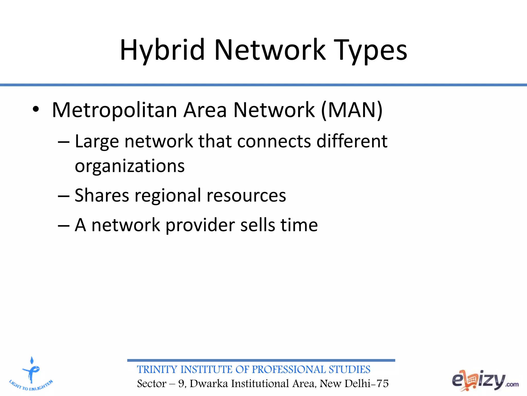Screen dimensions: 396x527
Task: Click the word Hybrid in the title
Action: click(x=162, y=50)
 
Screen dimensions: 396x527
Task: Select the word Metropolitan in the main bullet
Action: click(x=115, y=110)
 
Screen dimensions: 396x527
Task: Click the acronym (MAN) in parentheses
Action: click(x=352, y=110)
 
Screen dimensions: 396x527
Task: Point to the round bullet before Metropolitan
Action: click(x=36, y=110)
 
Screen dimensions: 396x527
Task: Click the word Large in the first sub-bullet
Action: click(x=97, y=142)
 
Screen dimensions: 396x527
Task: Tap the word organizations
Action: click(x=130, y=166)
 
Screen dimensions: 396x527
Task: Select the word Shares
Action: click(x=102, y=195)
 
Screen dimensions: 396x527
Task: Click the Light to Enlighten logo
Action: click(x=31, y=374)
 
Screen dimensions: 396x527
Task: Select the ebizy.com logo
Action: click(x=485, y=380)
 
